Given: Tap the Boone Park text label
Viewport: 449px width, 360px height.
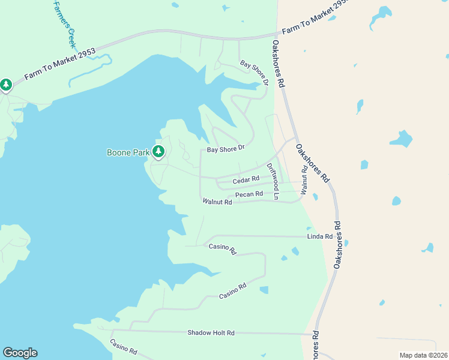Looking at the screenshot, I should [128, 152].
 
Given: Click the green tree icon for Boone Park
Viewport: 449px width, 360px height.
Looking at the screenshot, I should [158, 152].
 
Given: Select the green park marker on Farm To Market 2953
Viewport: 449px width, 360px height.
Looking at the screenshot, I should [6, 85].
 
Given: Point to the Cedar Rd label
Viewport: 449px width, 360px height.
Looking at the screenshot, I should [246, 179].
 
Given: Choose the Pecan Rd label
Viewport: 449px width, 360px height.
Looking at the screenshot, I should [249, 194].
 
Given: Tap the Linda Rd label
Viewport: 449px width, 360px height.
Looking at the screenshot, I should [320, 237].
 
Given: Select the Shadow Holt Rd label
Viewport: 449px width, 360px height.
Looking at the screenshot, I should [211, 332].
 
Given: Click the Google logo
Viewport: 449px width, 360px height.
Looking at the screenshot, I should [20, 353].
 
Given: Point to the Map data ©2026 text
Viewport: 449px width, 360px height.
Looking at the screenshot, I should [423, 355].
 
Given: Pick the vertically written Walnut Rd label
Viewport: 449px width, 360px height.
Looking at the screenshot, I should [304, 180].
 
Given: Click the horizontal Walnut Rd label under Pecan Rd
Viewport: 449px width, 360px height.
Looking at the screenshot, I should [217, 202].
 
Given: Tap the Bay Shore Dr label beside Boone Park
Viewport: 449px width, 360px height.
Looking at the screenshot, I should [226, 148].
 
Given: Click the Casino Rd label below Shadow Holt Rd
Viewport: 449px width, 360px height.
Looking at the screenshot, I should [124, 347].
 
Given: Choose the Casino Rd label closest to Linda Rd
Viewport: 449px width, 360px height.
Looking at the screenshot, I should [222, 249].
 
